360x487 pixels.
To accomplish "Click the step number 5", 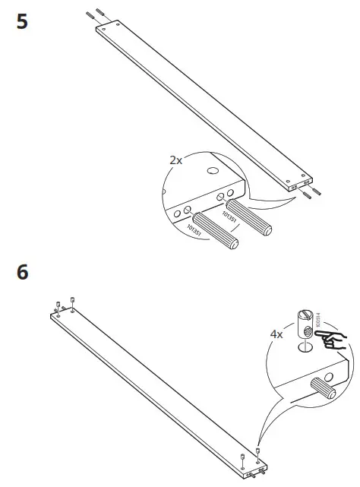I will (x=22, y=21).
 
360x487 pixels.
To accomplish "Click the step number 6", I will (x=22, y=272).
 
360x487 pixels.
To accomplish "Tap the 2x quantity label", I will (x=175, y=161).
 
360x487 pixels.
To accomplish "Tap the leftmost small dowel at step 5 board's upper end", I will (x=90, y=14).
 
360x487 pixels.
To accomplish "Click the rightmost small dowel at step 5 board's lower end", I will (x=314, y=194).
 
